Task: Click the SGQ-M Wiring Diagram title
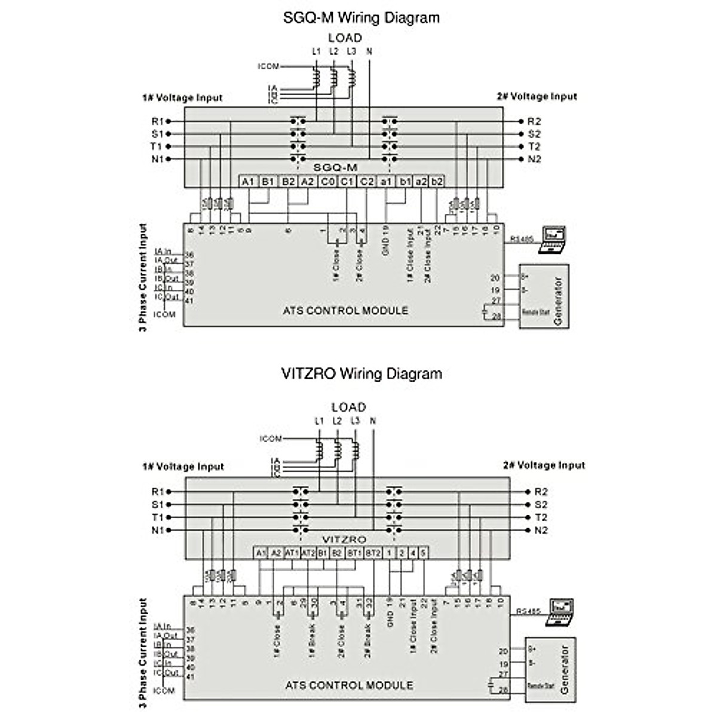[361, 18]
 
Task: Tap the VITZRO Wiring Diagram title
[361, 374]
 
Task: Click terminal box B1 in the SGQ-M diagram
[268, 181]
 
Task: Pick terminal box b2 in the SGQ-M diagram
[437, 181]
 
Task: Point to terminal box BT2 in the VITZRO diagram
[372, 553]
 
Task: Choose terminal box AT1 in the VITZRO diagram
[292, 553]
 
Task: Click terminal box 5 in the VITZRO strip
[422, 553]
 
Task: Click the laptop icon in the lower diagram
[559, 612]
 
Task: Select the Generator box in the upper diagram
[544, 296]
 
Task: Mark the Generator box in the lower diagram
[550, 670]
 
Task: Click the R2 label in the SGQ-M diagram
[534, 121]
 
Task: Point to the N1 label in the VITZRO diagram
[157, 531]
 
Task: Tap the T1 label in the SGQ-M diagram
[157, 146]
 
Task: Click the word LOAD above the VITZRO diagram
[348, 407]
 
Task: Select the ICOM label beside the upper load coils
[268, 66]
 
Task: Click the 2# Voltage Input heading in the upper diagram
[537, 96]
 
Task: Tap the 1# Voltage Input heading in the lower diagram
[183, 467]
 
